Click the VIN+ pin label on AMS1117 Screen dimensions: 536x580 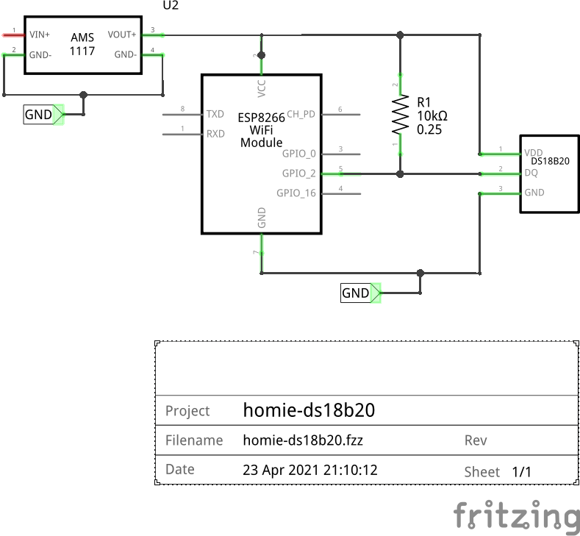[40, 35]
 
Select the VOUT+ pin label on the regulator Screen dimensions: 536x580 [122, 35]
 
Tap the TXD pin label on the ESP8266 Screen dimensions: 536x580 [215, 115]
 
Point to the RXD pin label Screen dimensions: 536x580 [215, 134]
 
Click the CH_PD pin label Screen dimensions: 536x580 [301, 115]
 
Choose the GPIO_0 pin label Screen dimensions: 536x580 [298, 154]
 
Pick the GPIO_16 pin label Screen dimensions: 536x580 [296, 193]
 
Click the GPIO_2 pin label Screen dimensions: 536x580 [298, 174]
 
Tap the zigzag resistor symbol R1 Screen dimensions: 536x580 [401, 115]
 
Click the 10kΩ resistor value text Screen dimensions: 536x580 [432, 116]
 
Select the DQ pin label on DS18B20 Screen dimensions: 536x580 [531, 174]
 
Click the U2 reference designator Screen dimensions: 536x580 [170, 5]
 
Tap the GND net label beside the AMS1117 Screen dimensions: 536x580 [39, 115]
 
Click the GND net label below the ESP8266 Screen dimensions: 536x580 [357, 293]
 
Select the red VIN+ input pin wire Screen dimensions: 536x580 [13, 34]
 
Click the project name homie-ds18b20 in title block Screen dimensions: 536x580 [309, 410]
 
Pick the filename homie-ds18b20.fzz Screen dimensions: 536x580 [303, 440]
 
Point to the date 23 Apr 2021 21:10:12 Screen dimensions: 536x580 [309, 470]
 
